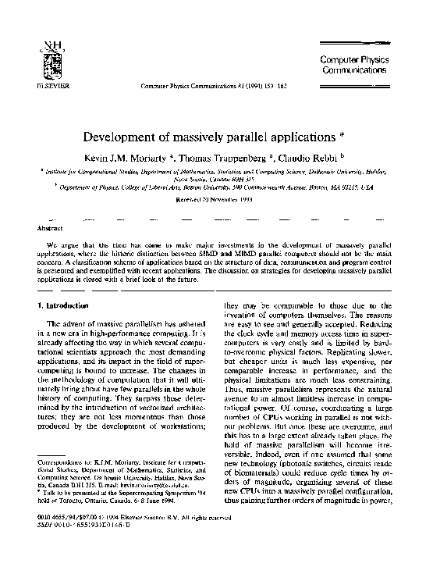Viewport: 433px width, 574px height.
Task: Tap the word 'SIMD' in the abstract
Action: (x=235, y=255)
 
